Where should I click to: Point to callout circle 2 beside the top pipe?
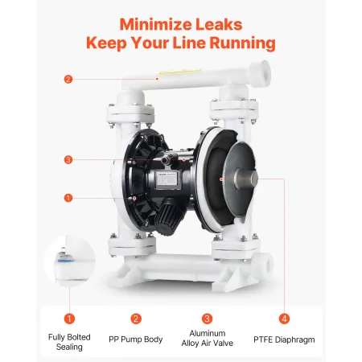68,79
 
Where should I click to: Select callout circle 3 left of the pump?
68,160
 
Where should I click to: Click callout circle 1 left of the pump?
68,197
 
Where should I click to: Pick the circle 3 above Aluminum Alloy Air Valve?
207,318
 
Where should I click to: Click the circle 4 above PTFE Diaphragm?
282,318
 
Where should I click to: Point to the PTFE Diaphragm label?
282,339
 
